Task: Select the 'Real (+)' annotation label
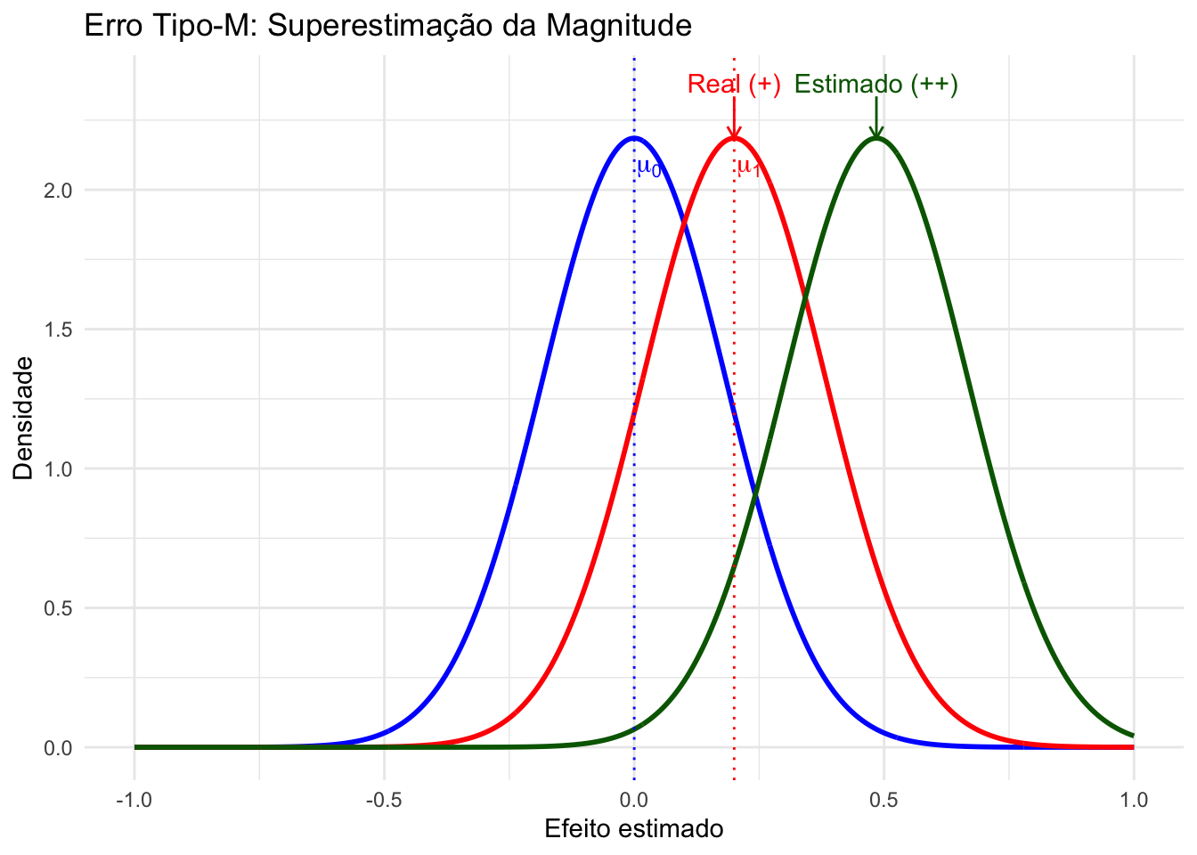pos(734,85)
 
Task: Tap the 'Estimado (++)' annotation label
pos(875,85)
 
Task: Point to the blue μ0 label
pos(648,167)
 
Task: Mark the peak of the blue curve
pos(633,137)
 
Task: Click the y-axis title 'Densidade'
pos(24,418)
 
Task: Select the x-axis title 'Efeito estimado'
pos(633,829)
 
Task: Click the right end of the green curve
pos(1133,736)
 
